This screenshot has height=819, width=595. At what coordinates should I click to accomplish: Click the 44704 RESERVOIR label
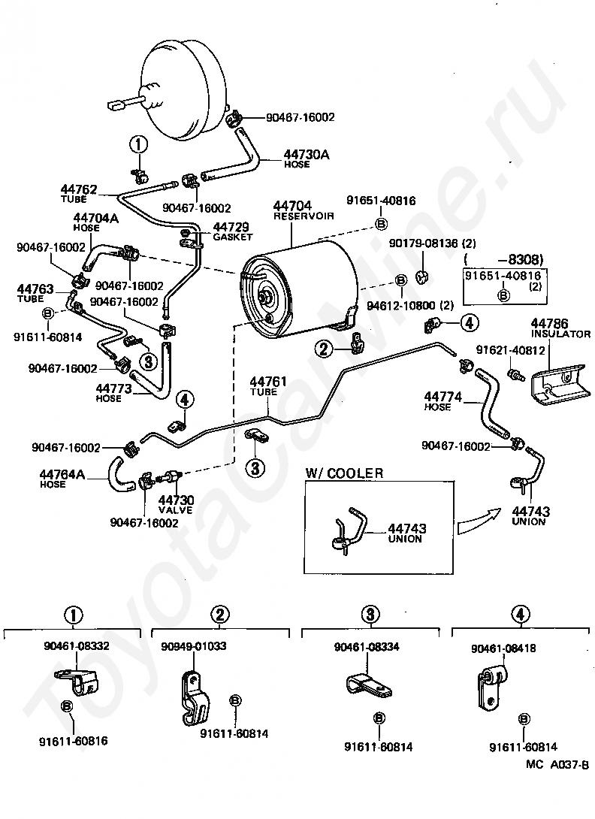click(x=304, y=210)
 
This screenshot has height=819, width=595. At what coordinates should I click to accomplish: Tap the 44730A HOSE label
click(x=307, y=159)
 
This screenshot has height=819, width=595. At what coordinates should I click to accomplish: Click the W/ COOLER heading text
click(x=344, y=473)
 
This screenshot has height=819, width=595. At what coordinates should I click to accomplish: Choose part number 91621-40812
click(x=510, y=350)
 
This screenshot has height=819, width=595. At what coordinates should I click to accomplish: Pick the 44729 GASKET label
click(x=232, y=231)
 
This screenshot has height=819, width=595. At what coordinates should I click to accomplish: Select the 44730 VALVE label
click(x=176, y=505)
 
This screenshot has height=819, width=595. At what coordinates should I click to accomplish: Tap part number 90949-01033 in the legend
click(x=194, y=646)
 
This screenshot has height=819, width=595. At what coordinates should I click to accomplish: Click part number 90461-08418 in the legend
click(x=503, y=648)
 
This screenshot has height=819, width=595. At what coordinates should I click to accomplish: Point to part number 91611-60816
click(x=74, y=741)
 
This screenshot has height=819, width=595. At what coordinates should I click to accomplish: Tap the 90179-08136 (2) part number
click(x=433, y=243)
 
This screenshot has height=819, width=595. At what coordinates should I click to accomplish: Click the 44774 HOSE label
click(x=443, y=401)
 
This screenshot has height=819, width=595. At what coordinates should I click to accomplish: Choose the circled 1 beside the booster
click(x=139, y=145)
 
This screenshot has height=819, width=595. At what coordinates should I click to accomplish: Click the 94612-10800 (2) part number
click(x=410, y=306)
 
